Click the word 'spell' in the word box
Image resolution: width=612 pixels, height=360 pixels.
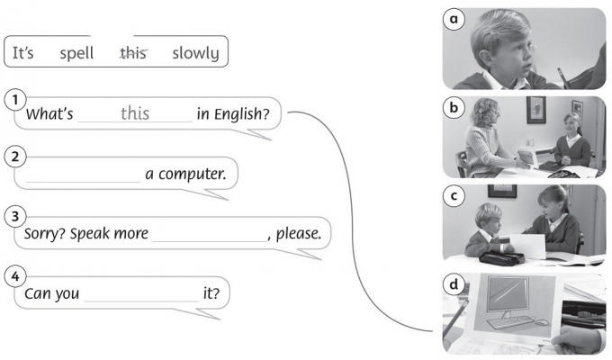tap(76, 53)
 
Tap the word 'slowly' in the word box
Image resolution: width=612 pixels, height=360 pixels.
tap(195, 53)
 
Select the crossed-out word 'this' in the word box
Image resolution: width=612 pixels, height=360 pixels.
tap(133, 53)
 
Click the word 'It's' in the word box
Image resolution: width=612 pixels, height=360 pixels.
tap(22, 53)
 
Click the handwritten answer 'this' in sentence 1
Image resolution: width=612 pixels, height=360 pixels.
tap(135, 114)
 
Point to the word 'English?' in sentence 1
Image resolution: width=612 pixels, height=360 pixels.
tap(242, 115)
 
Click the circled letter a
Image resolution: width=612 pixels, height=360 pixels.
tap(455, 18)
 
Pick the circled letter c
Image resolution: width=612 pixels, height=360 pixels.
tap(455, 193)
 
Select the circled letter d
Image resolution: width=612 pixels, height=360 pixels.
tap(455, 281)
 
